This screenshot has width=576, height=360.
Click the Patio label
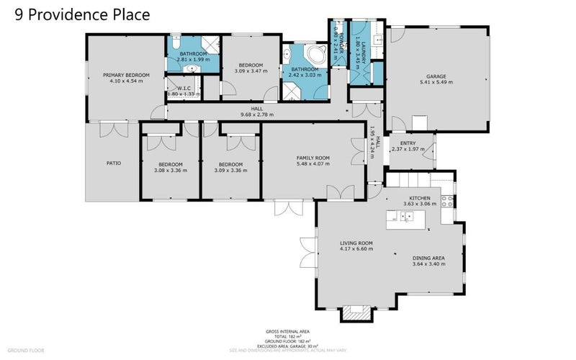pyautogui.click(x=113, y=163)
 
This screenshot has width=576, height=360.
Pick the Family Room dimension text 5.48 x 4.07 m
pyautogui.click(x=312, y=164)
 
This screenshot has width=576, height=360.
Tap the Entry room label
pyautogui.click(x=408, y=143)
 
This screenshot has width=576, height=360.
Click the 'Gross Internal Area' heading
pyautogui.click(x=284, y=330)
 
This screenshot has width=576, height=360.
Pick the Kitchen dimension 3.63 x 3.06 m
pyautogui.click(x=420, y=204)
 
